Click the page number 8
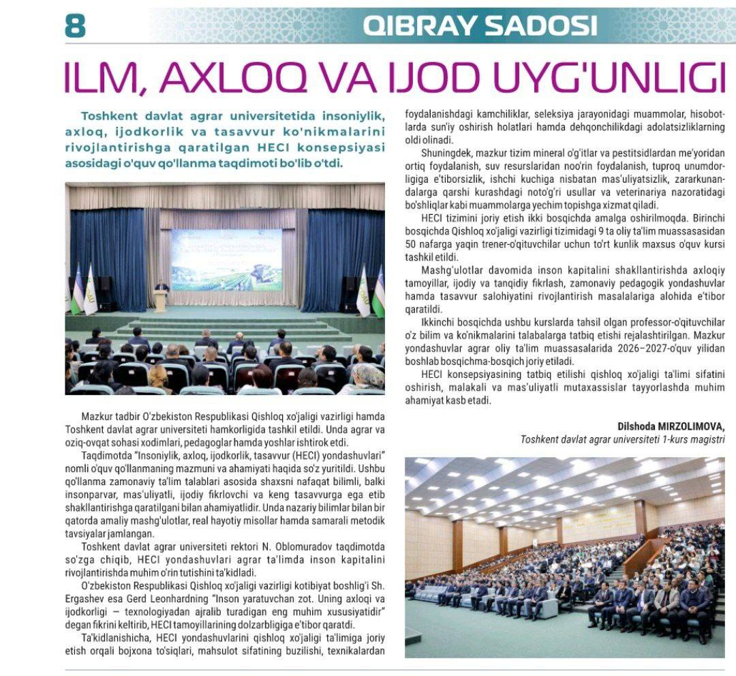click(75, 25)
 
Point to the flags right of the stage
click(369, 293)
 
